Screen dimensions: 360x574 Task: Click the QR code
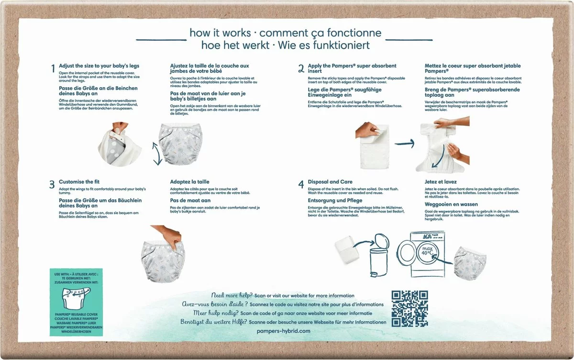pyautogui.click(x=409, y=308)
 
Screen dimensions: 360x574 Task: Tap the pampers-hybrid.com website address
pyautogui.click(x=284, y=331)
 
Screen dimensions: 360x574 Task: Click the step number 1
pyautogui.click(x=53, y=69)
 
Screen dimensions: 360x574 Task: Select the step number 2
pyautogui.click(x=301, y=69)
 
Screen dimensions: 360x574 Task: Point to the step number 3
pyautogui.click(x=52, y=184)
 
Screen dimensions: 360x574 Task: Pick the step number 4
pyautogui.click(x=301, y=184)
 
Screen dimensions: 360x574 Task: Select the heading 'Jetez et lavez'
pyautogui.click(x=441, y=182)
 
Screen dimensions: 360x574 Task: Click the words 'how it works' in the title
pyautogui.click(x=220, y=33)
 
